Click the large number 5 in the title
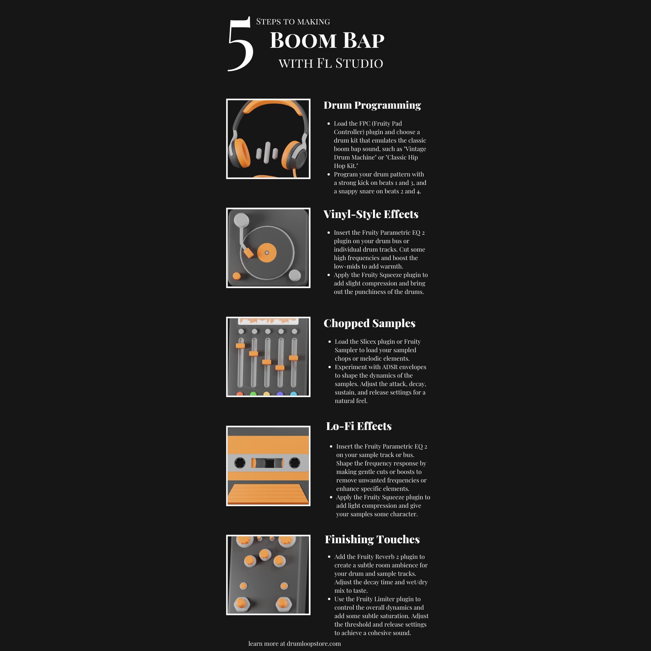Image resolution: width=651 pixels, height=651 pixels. click(240, 44)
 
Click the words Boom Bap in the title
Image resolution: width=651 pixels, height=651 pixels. click(327, 41)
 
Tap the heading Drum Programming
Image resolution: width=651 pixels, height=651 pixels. click(372, 105)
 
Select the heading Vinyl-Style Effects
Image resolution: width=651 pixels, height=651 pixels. click(371, 214)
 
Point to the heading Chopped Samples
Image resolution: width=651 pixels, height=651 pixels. click(369, 323)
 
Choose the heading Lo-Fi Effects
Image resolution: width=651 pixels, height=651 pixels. click(359, 426)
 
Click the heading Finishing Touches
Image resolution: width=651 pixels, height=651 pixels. click(372, 539)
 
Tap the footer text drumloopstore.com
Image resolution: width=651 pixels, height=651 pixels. click(314, 644)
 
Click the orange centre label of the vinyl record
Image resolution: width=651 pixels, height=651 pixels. click(266, 253)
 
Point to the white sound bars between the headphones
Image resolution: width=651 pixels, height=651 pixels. click(267, 153)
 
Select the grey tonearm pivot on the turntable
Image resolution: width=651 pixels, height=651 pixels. click(241, 220)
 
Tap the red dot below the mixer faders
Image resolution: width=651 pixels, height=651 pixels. click(240, 394)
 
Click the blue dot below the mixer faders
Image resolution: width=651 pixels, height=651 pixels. click(294, 394)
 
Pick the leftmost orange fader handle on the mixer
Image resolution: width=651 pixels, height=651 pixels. click(240, 346)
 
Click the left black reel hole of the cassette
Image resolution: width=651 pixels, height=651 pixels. click(240, 463)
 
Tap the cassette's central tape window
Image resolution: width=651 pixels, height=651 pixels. click(268, 463)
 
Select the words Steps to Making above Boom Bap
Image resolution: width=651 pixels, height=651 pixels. click(293, 22)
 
